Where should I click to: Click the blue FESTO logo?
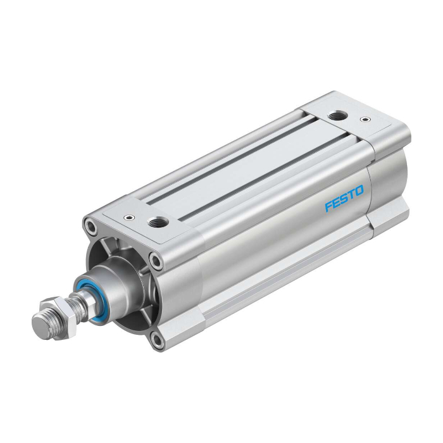(x=344, y=198)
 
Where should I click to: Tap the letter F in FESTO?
(x=328, y=206)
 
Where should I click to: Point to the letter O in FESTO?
(x=359, y=190)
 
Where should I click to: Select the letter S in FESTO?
(x=344, y=198)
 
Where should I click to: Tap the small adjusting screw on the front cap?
(x=129, y=217)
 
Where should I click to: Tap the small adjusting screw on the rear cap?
(x=365, y=119)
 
